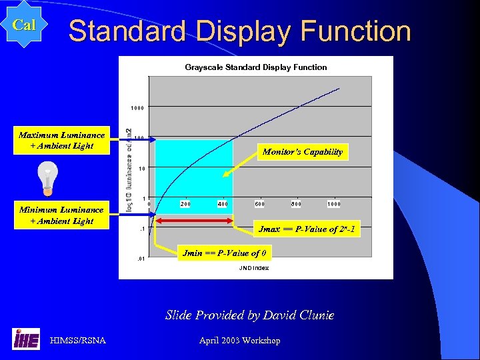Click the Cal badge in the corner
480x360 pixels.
(25, 25)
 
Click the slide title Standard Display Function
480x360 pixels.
(239, 31)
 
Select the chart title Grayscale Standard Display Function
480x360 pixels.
(256, 67)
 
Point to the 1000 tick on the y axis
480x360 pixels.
(138, 108)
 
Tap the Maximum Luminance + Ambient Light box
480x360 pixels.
(61, 141)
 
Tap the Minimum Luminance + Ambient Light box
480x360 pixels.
(61, 215)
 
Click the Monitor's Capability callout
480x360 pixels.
(303, 152)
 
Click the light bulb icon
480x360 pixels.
(47, 178)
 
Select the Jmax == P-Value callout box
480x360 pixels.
(306, 229)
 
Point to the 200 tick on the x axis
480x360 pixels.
(185, 204)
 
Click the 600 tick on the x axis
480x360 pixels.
(259, 204)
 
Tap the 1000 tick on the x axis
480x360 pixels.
(334, 204)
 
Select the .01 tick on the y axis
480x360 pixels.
(141, 258)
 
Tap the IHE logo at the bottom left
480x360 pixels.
(26, 339)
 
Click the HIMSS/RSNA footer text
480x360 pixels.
(78, 341)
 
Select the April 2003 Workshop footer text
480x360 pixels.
(239, 341)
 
